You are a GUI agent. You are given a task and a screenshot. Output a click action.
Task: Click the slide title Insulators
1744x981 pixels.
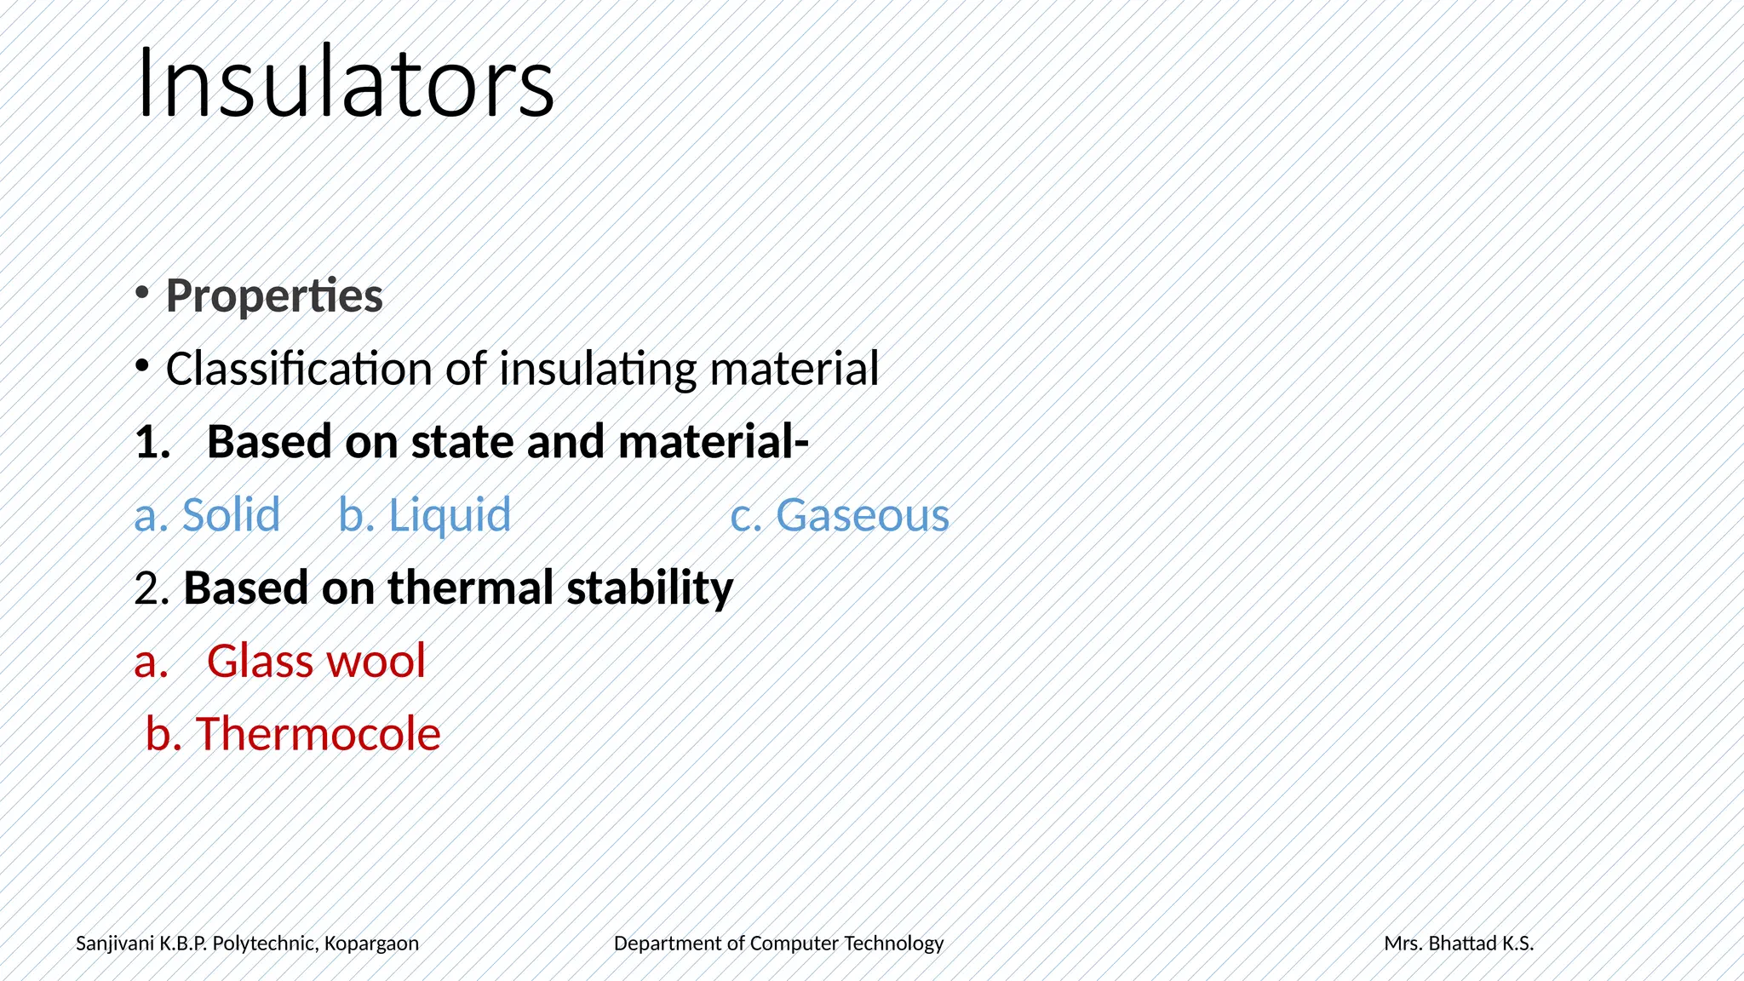(x=345, y=83)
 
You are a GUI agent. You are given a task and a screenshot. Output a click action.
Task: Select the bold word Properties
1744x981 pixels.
(x=274, y=296)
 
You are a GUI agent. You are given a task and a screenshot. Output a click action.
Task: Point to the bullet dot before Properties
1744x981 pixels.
(x=142, y=293)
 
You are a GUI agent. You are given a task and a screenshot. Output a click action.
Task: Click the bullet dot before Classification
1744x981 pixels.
(x=142, y=366)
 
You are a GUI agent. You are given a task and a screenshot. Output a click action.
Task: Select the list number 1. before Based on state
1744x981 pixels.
(x=152, y=443)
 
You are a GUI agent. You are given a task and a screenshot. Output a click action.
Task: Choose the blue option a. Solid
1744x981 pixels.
(x=208, y=515)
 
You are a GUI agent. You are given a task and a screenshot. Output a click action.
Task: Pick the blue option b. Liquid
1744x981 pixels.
(x=425, y=515)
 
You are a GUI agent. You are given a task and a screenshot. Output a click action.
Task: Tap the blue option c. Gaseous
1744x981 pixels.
(x=840, y=515)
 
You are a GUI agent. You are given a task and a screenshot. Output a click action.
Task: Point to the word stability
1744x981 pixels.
(x=649, y=588)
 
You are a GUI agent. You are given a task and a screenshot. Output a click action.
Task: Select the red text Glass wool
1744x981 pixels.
(x=316, y=662)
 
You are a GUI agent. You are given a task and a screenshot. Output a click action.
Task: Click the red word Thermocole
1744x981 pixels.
(x=318, y=734)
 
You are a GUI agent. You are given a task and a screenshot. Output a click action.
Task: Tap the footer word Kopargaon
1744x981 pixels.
(x=371, y=944)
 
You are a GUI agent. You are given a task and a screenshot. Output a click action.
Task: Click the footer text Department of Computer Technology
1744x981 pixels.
(x=778, y=944)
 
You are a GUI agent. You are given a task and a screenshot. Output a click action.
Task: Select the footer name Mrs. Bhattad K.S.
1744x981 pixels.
(x=1459, y=944)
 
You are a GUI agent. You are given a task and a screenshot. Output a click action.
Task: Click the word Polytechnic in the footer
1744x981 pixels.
(x=264, y=944)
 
